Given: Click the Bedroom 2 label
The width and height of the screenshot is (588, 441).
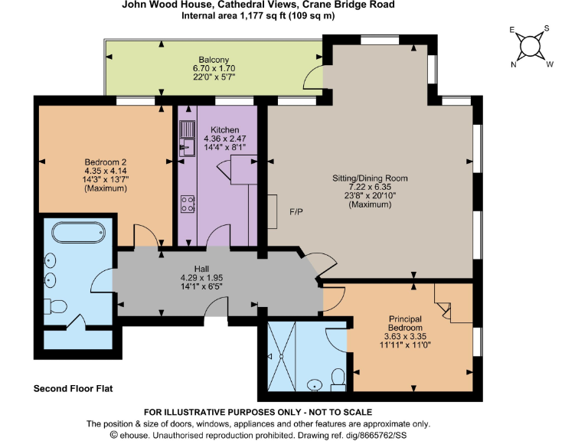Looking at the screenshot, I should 105,162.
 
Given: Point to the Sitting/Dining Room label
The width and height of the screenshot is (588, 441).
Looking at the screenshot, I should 370,178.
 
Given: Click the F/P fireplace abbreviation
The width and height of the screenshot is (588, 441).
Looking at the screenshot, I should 296,211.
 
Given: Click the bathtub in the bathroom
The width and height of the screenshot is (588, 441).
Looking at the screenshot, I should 77,233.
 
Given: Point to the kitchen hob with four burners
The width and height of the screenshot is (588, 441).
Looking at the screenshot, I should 187,204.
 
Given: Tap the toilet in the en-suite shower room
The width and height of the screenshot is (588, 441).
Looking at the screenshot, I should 338,378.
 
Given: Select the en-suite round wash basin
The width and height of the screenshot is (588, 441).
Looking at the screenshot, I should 315,385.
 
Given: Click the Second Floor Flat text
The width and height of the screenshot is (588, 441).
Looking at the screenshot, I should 73,388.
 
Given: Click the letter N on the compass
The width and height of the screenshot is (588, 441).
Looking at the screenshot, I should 514,65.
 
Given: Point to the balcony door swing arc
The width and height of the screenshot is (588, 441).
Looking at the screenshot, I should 312,74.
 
